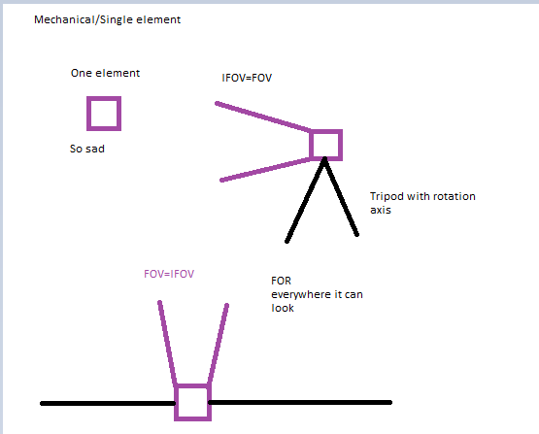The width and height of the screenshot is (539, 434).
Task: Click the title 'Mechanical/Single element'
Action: point(107,20)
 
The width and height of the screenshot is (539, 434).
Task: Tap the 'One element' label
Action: point(105,73)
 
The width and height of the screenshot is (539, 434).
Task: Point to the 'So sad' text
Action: point(87,149)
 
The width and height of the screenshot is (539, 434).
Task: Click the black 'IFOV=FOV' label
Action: point(247,78)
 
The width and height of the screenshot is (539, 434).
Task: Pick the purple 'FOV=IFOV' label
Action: point(169,274)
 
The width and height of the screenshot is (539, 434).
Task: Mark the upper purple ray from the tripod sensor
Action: point(263,117)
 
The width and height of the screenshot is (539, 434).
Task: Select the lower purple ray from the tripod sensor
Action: point(266,169)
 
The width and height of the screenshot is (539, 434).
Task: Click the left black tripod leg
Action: point(305,200)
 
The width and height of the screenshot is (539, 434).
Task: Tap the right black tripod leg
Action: point(341,197)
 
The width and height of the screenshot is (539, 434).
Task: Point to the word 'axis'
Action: point(381,210)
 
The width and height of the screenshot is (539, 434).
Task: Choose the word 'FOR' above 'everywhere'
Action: point(282,281)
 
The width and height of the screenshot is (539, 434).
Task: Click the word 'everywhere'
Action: point(296,295)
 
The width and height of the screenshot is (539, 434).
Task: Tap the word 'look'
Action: point(283,308)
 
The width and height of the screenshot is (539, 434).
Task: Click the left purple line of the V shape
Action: point(167,343)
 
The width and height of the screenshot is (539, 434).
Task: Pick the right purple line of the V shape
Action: point(219,344)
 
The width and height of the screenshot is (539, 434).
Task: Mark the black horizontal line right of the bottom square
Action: point(300,402)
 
